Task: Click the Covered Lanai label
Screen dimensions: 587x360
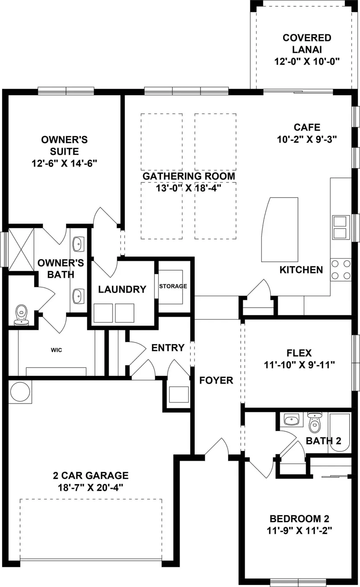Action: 307,44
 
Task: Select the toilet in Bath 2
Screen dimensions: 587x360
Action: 314,423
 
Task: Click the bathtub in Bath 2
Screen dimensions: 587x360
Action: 339,433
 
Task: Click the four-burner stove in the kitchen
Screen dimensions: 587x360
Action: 341,270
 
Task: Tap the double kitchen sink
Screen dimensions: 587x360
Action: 341,227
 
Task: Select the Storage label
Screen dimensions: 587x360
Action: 173,286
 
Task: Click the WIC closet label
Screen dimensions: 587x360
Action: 57,350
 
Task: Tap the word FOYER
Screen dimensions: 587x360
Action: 216,380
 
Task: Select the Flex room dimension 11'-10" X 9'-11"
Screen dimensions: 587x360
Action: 299,365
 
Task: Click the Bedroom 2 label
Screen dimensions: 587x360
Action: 299,518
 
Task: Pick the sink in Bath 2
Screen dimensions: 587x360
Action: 291,419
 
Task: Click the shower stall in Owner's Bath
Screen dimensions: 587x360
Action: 21,250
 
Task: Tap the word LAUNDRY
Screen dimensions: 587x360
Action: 122,289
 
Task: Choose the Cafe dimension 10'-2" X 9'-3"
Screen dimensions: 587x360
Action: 307,139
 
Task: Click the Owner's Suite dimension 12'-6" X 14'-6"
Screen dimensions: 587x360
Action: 64,163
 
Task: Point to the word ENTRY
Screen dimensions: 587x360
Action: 168,348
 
